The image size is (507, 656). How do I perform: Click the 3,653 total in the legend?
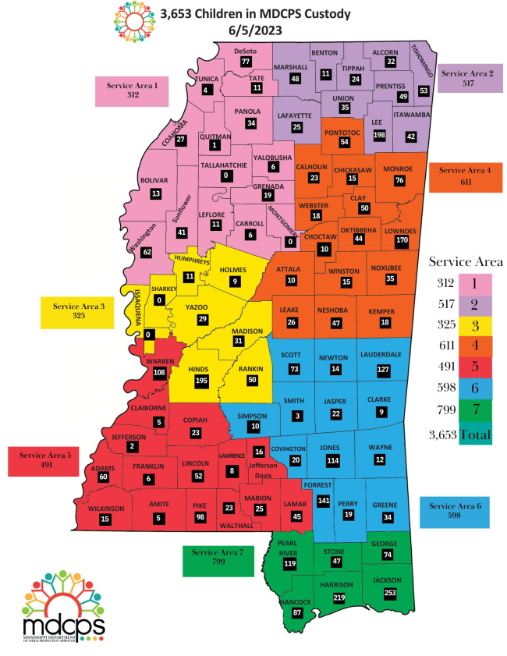pos(443,435)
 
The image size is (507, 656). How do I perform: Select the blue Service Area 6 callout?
pos(455,512)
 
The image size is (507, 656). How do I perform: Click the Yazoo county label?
pos(196,307)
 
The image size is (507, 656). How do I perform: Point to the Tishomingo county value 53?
pos(424,90)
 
